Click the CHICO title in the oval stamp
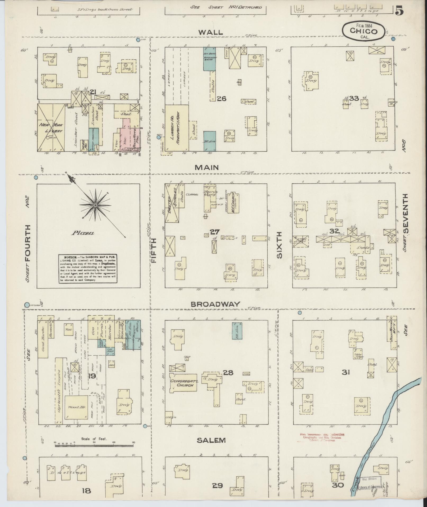tap(363, 31)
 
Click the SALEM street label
tap(211, 440)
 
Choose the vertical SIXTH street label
tap(280, 245)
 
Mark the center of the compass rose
tap(95, 205)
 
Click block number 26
tap(222, 99)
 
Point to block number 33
tap(354, 99)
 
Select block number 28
tap(228, 373)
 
